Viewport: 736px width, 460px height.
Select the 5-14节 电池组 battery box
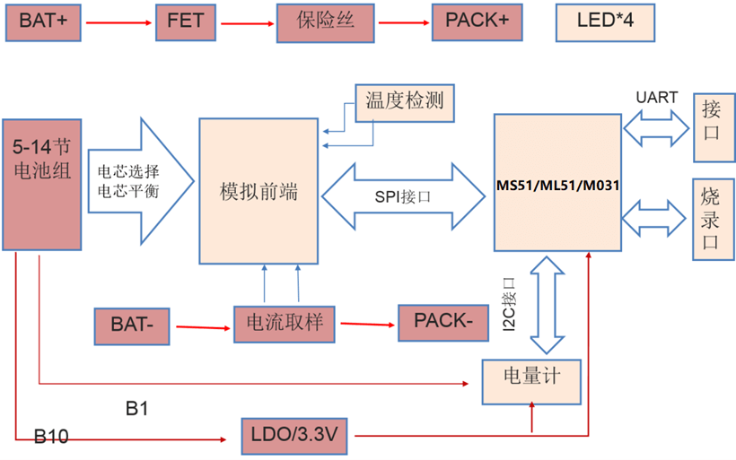tap(36, 184)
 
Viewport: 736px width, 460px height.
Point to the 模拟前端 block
tap(258, 191)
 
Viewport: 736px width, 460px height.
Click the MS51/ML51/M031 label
tap(556, 185)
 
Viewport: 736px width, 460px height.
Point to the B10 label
tap(51, 438)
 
